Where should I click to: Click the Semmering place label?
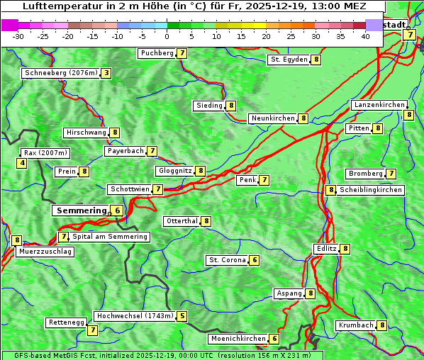click(x=80, y=210)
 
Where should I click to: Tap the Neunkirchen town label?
click(x=272, y=118)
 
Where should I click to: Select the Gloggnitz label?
click(x=174, y=171)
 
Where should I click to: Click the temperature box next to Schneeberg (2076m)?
click(x=106, y=73)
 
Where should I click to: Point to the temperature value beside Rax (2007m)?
click(x=22, y=164)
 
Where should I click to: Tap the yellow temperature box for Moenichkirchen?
click(x=274, y=339)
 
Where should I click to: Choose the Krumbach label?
click(x=356, y=325)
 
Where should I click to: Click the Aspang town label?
click(x=289, y=293)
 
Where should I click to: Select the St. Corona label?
click(x=227, y=260)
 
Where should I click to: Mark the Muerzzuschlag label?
click(x=45, y=252)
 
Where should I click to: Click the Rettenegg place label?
click(x=67, y=322)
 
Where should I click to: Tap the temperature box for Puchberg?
click(x=182, y=53)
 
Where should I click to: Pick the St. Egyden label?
click(x=289, y=60)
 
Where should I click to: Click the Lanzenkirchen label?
click(x=379, y=105)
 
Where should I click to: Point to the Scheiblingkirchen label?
click(x=371, y=190)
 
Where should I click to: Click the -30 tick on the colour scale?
click(x=18, y=36)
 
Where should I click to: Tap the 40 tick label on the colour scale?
click(x=365, y=36)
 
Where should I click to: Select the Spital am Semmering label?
click(x=110, y=237)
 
